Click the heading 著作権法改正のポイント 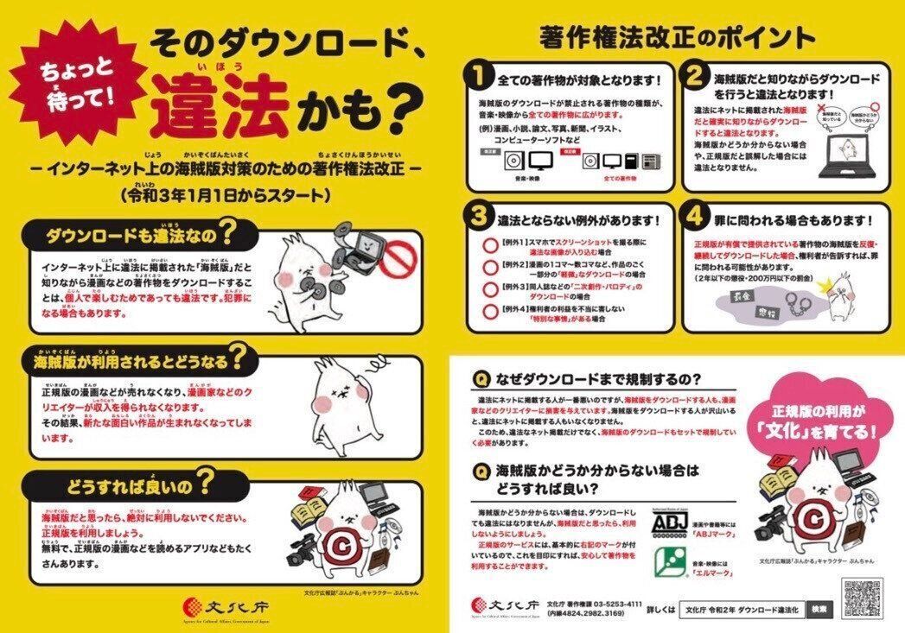coord(676,38)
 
